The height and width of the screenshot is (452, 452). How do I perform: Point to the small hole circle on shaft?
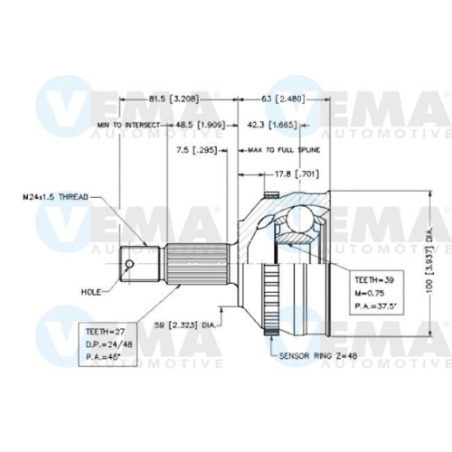click(x=130, y=264)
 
